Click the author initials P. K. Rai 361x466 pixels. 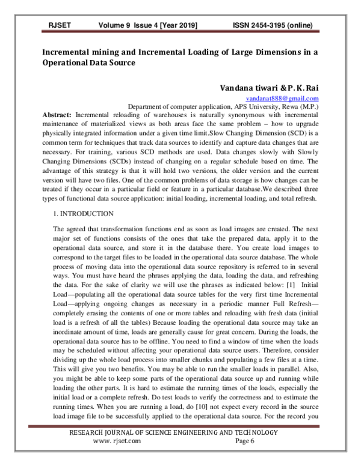[300, 87]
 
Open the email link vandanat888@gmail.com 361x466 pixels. [282, 98]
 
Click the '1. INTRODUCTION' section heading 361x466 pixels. [82, 213]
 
